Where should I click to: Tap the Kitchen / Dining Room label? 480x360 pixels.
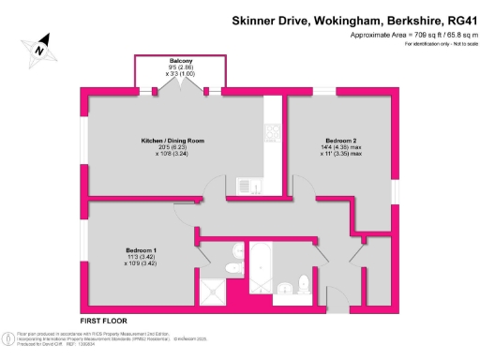click(x=172, y=141)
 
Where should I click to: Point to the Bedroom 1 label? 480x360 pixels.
click(x=142, y=249)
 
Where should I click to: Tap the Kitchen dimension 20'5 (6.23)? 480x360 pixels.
click(x=172, y=148)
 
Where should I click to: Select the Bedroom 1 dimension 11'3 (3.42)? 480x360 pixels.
click(x=142, y=257)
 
